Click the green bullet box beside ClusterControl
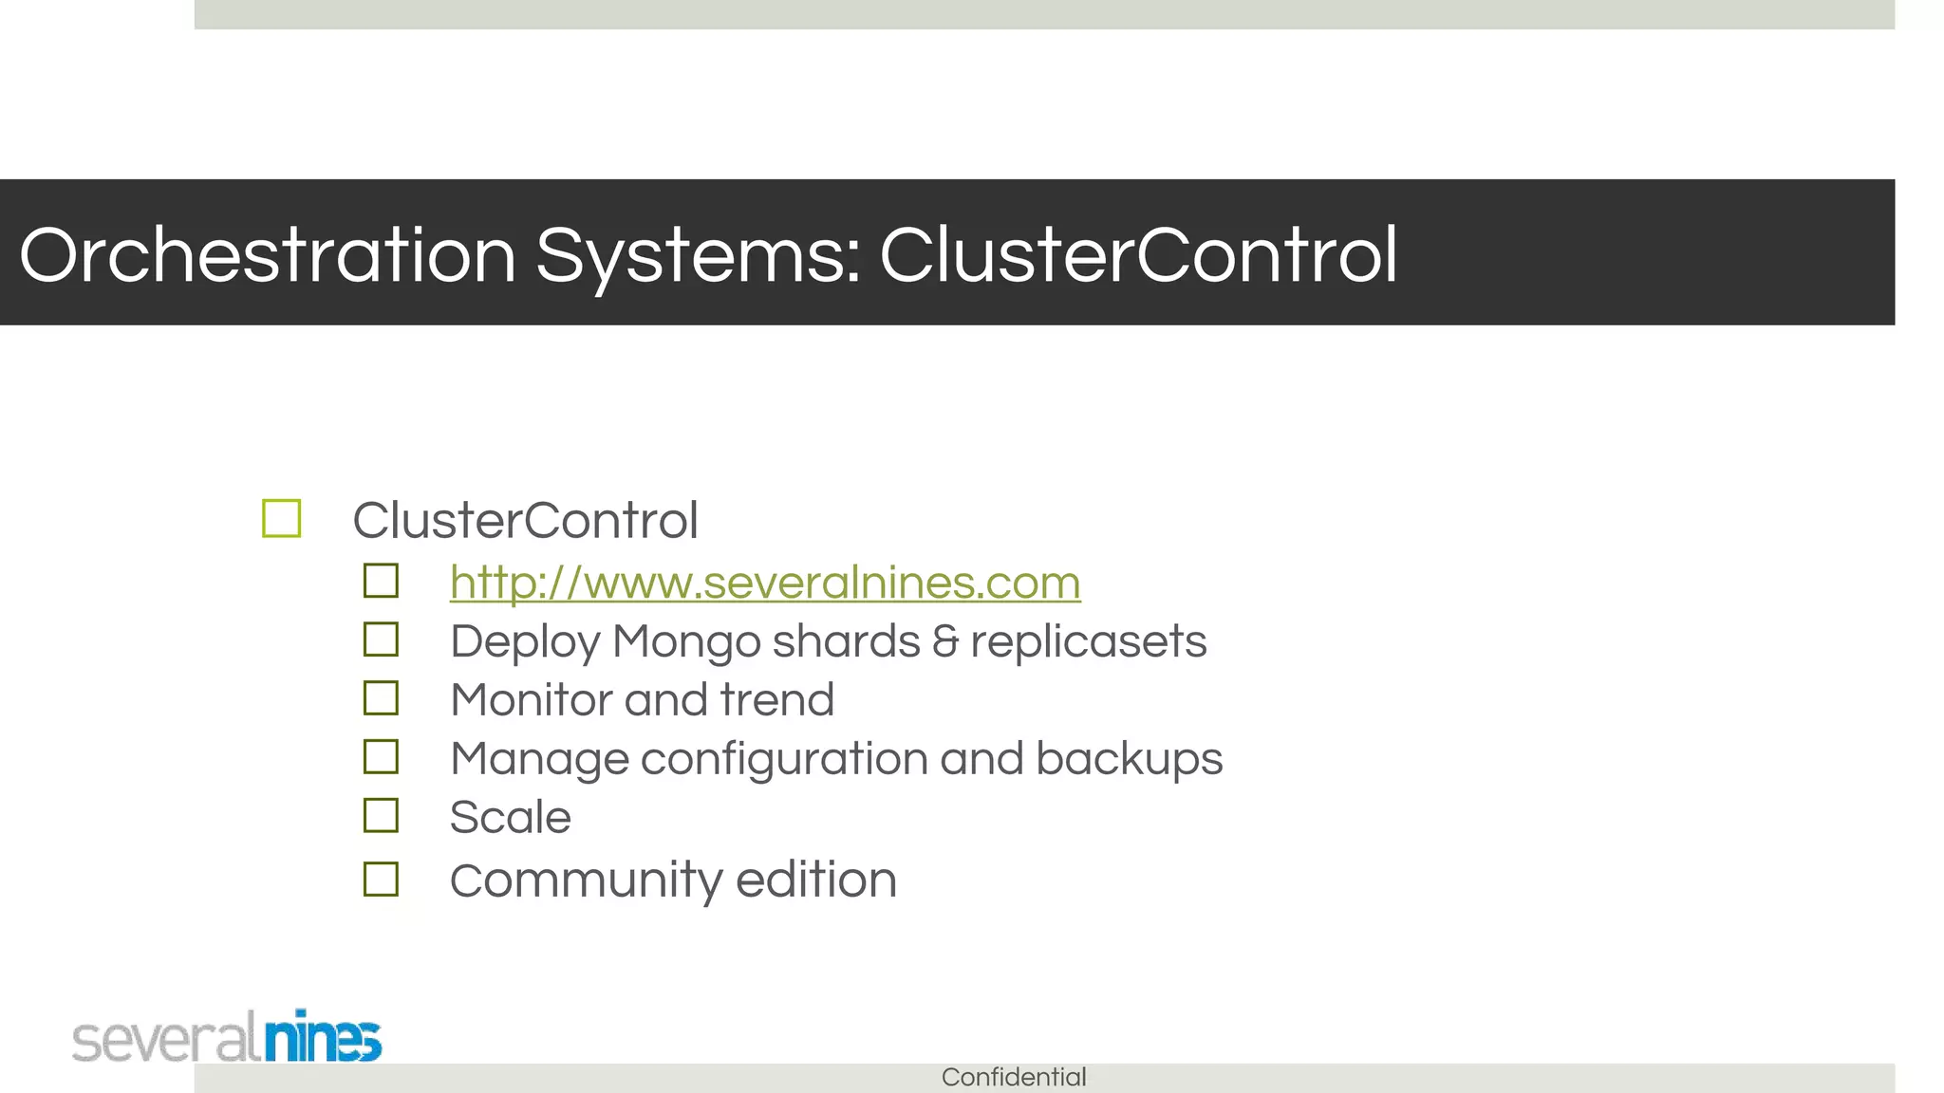(282, 519)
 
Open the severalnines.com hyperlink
(765, 582)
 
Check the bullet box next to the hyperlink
(381, 581)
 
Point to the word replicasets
(1088, 641)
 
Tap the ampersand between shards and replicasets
(945, 641)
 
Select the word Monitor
(532, 700)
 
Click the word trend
(776, 700)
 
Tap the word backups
(1129, 759)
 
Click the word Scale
(510, 817)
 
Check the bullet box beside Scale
(381, 815)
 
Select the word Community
(586, 880)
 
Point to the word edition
(815, 880)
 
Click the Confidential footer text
(1013, 1077)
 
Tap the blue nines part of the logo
(323, 1037)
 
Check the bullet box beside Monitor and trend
(381, 698)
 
